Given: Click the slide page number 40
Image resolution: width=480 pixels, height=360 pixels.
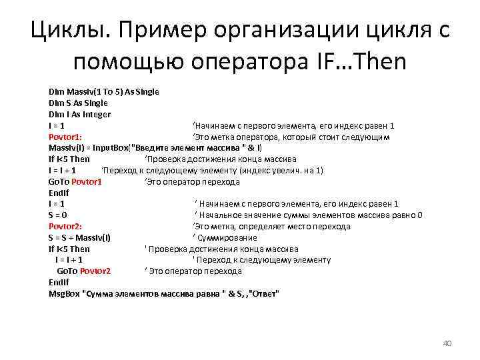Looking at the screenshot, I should pos(447,343).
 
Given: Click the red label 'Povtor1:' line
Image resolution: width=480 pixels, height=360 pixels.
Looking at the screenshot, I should pos(65,137).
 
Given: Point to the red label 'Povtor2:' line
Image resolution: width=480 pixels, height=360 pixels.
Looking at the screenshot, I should pos(65,226).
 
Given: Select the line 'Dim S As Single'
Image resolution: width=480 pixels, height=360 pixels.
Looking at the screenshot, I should pos(78,103).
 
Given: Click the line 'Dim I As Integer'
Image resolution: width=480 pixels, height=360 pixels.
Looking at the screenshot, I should pos(79,114).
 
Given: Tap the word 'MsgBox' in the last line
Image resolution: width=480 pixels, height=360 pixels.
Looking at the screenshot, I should pos(63,293).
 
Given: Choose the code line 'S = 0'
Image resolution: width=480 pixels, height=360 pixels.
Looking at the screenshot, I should pos(57,215).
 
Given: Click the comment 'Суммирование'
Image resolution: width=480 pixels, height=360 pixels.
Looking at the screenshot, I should pos(227,237).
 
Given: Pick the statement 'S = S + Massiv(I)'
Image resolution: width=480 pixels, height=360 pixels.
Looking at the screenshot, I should pos(79,237).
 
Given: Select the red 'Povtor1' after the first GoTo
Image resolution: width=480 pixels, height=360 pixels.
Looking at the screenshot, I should pos(87,181).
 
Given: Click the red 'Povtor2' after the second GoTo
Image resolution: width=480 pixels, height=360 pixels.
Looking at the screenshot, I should pos(95,271).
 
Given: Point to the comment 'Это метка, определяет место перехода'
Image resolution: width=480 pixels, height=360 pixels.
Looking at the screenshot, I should pos(271,226).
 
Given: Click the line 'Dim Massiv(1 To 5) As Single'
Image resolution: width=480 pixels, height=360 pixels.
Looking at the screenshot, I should pos(103,91).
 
